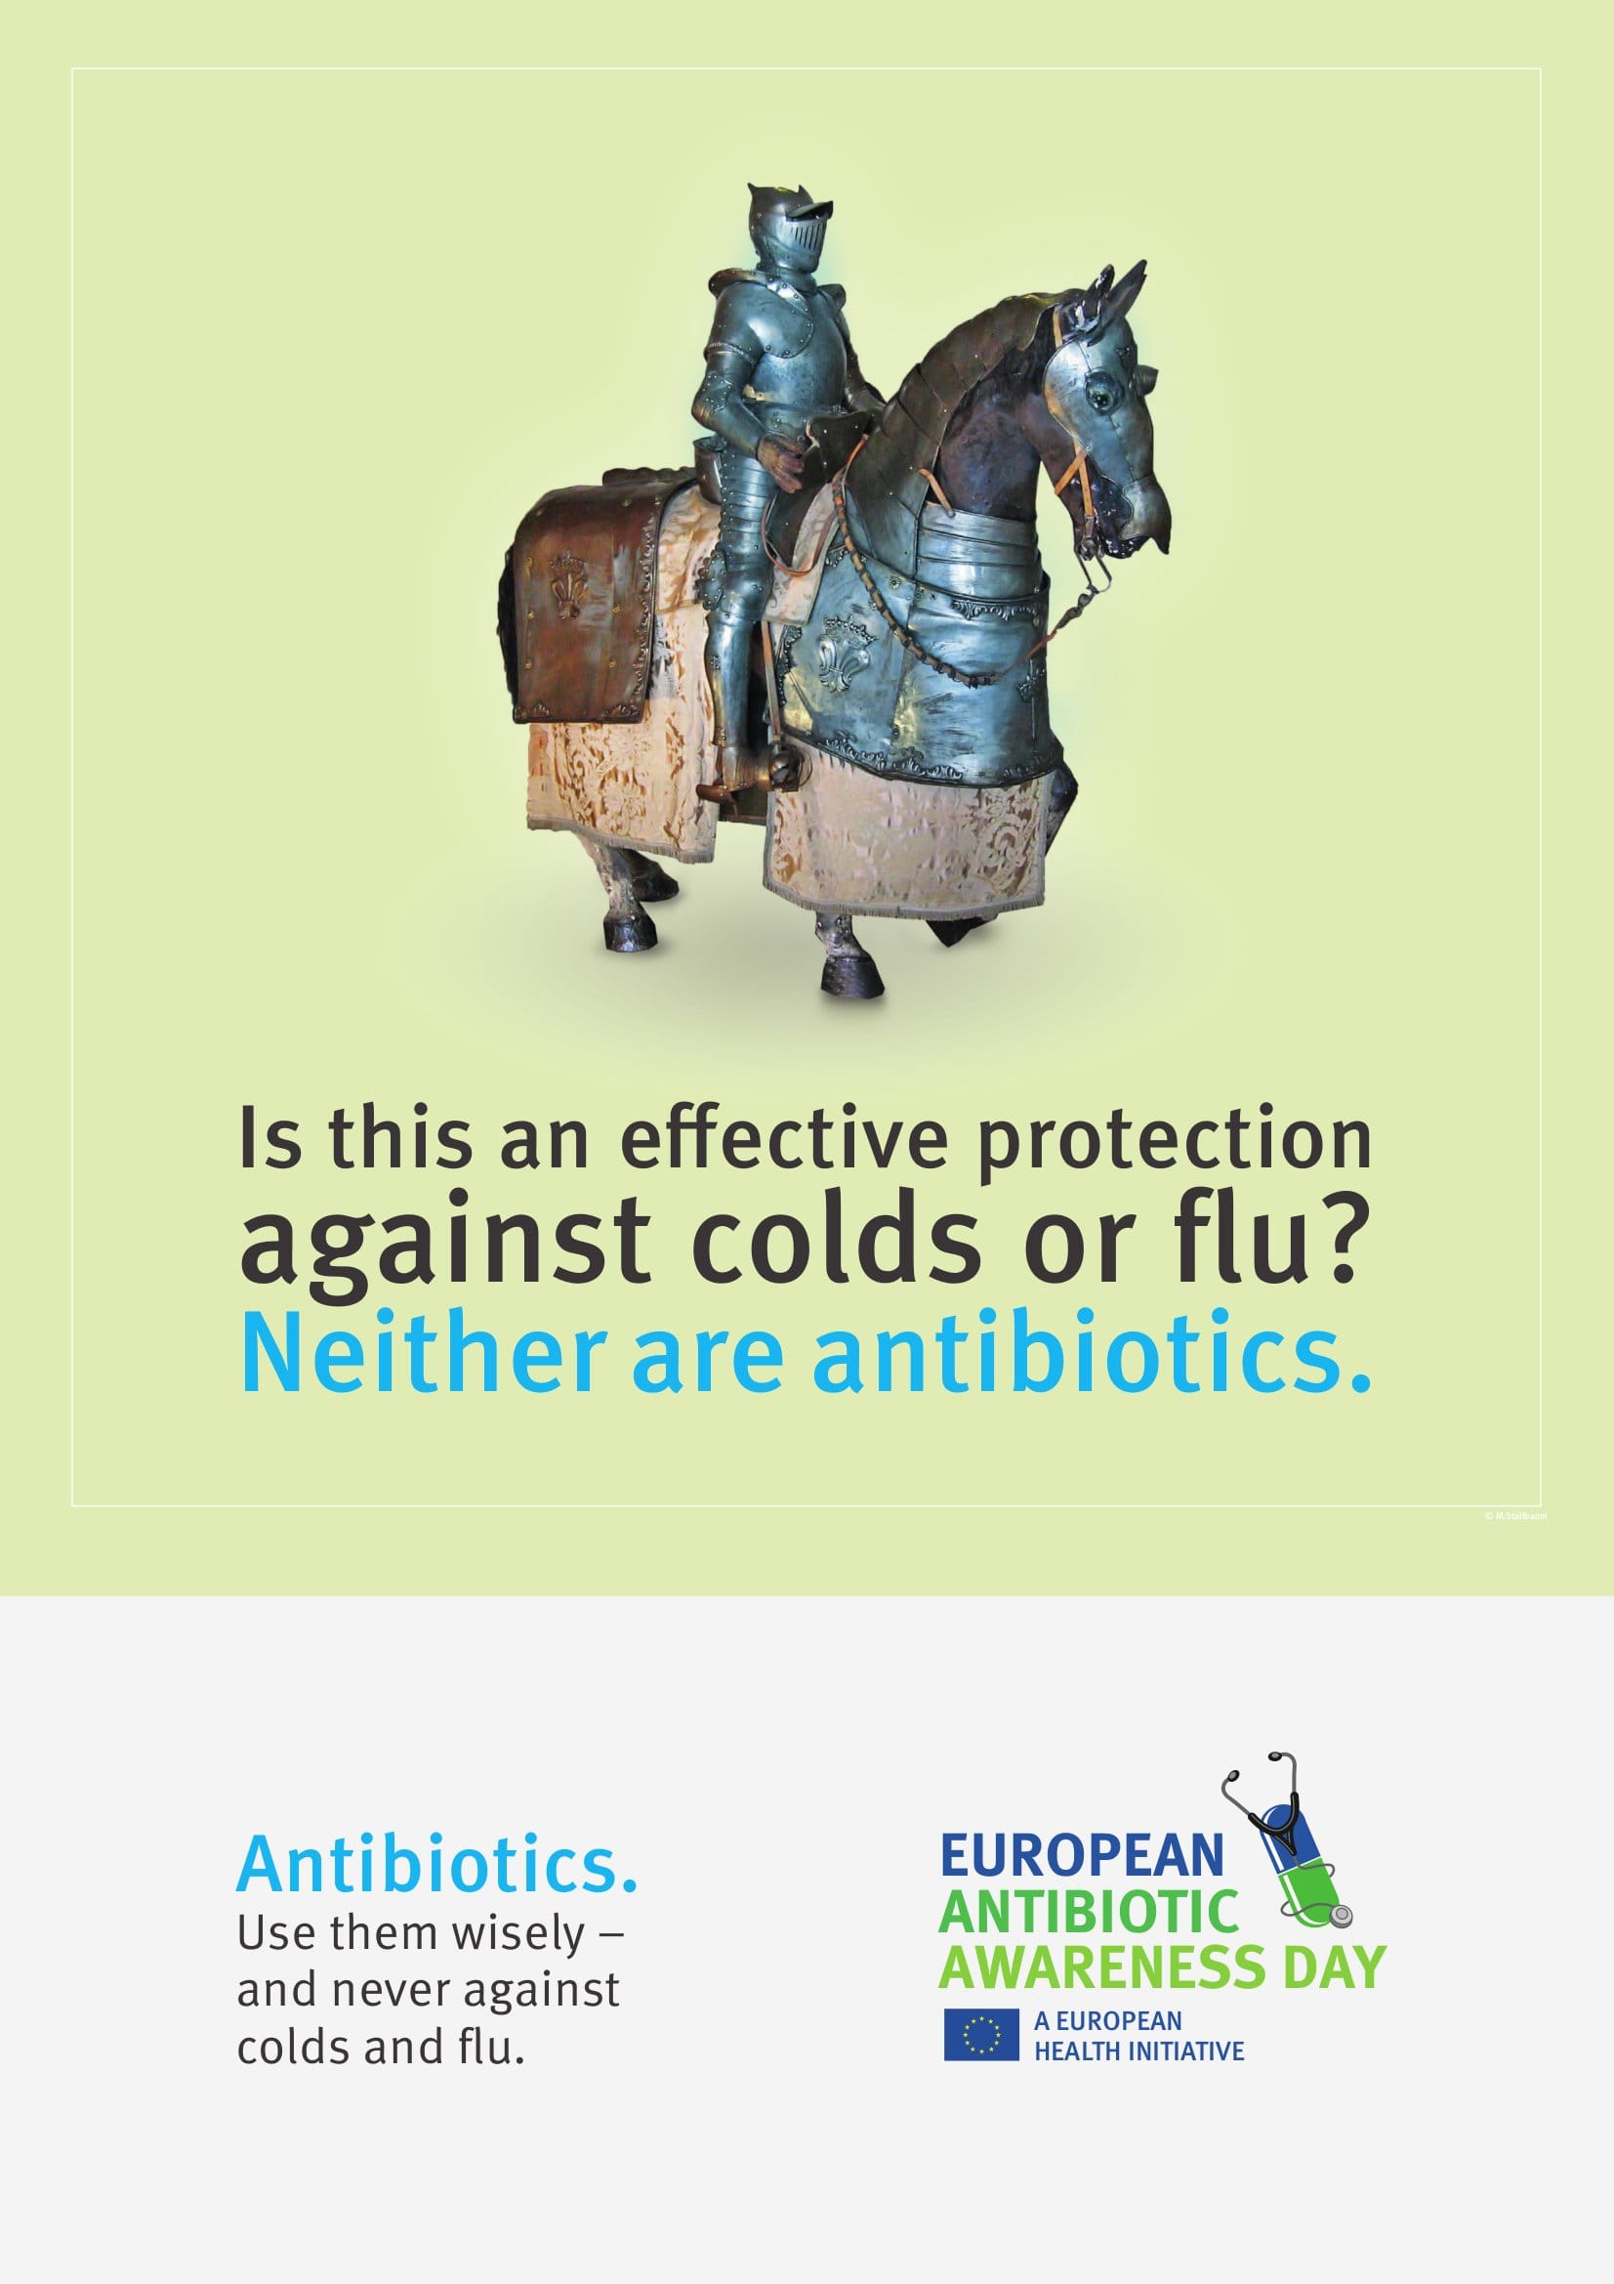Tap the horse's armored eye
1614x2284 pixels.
[x=1099, y=397]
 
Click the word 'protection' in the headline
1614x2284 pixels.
[x=1174, y=1142]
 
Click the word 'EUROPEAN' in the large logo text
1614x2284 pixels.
[x=1082, y=1855]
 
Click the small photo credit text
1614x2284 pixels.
[x=1515, y=1516]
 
